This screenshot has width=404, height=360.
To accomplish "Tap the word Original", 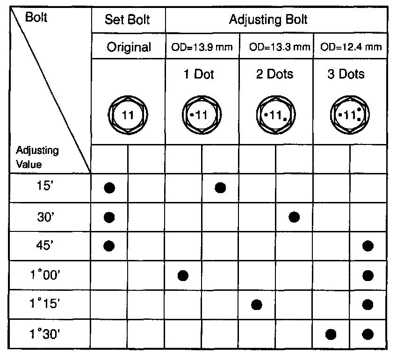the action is click(x=128, y=47).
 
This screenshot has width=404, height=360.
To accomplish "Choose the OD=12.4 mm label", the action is click(x=350, y=47).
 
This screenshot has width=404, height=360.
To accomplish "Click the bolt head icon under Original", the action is click(x=128, y=115).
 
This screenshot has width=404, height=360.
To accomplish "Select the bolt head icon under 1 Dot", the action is click(x=202, y=115).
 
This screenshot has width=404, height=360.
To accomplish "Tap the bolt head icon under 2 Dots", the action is click(x=275, y=115).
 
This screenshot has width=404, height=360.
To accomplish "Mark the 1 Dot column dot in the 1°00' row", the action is click(x=183, y=275).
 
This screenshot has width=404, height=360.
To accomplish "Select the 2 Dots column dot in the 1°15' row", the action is click(x=256, y=305).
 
